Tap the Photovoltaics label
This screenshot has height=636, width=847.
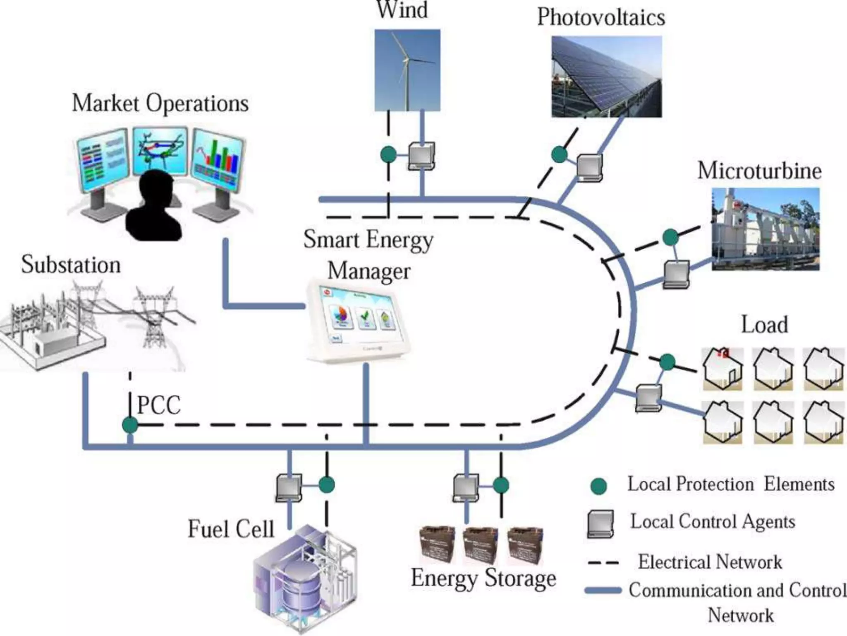click(601, 17)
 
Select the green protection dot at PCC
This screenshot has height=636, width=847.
click(130, 425)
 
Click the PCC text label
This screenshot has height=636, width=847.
click(159, 405)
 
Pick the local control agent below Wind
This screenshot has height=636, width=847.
click(421, 156)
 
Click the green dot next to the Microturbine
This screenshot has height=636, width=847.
click(670, 237)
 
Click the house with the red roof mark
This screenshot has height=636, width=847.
click(723, 369)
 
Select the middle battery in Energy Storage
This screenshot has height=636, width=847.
click(480, 544)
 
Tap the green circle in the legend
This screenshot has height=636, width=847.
click(598, 486)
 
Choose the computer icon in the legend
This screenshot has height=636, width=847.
click(601, 524)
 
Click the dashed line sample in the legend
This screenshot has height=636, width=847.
click(603, 563)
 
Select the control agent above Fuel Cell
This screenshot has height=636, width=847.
click(289, 487)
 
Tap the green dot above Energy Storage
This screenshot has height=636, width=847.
click(500, 485)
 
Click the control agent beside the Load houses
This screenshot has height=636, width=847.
click(648, 397)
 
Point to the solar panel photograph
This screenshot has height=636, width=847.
click(606, 77)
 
